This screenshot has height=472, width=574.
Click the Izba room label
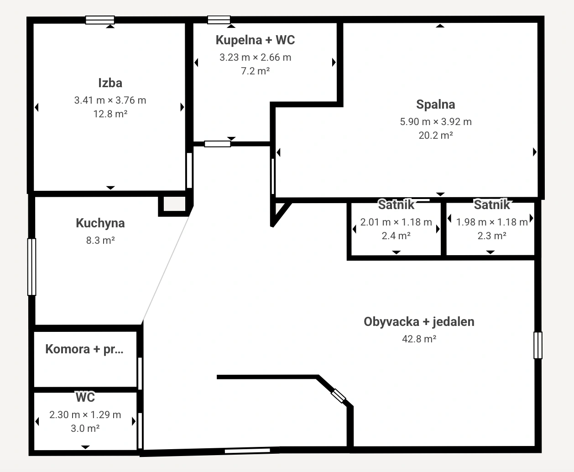click(110, 83)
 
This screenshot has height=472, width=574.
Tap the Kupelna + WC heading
click(256, 40)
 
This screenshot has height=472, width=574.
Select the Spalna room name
click(435, 105)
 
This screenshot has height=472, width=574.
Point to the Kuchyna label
click(100, 223)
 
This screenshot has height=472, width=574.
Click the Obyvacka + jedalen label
click(419, 322)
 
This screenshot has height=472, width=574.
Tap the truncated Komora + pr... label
click(84, 349)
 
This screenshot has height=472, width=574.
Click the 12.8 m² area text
click(110, 114)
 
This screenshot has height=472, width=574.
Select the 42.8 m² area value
click(419, 339)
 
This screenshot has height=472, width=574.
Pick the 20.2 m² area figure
click(436, 136)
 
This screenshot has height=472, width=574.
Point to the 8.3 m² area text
click(100, 241)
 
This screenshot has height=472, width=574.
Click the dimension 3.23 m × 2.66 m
click(256, 58)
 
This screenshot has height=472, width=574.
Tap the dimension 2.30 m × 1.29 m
click(85, 415)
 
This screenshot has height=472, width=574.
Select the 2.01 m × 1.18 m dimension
click(396, 222)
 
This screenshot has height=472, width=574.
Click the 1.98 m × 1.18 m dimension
click(492, 222)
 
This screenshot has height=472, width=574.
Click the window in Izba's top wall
click(100, 20)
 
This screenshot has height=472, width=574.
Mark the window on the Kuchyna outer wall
click(32, 267)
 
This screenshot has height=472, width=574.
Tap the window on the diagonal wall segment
click(338, 396)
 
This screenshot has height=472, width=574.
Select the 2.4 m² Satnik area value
click(396, 236)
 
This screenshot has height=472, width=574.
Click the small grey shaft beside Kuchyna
click(174, 204)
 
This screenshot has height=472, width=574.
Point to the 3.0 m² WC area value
click(85, 429)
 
